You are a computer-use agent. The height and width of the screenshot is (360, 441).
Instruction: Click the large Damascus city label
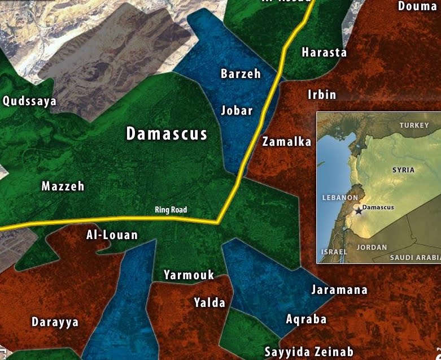[x=167, y=134]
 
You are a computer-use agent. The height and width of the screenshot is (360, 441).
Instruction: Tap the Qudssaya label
[x=29, y=101]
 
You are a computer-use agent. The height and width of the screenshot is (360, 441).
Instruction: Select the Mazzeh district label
[x=63, y=186]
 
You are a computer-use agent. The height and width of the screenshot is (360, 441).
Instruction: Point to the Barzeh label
[x=241, y=73]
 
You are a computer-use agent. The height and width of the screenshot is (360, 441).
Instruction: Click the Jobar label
[x=237, y=110]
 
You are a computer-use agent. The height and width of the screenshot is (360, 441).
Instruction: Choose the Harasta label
[x=324, y=53]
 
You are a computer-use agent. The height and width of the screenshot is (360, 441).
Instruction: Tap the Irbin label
[x=321, y=94]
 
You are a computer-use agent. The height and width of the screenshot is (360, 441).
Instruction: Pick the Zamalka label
[x=287, y=142]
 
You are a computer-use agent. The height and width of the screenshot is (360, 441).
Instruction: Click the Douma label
[x=417, y=6]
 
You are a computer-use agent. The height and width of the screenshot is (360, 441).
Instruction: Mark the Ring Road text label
[x=171, y=210]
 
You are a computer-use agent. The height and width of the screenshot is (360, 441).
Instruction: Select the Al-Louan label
[x=112, y=235]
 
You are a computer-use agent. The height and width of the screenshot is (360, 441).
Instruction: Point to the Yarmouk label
[x=189, y=275]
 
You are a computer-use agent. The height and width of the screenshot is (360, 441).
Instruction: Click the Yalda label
[x=209, y=302]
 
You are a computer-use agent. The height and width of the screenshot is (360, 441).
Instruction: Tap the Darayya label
[x=55, y=322]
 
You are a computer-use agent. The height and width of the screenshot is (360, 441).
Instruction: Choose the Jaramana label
[x=339, y=290]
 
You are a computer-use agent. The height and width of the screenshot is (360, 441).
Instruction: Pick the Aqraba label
[x=306, y=319]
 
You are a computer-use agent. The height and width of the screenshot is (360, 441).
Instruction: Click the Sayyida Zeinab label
[x=309, y=351]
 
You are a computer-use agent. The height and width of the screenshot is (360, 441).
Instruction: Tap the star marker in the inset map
[x=358, y=210]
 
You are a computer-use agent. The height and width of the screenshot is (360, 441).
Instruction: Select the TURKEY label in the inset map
[x=414, y=125]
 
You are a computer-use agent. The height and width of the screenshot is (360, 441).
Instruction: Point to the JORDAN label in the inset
[x=372, y=248]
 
